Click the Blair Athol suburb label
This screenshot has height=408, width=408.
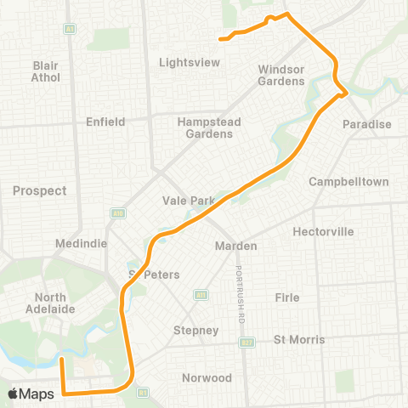(x=46, y=71)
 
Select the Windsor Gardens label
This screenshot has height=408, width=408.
(x=281, y=75)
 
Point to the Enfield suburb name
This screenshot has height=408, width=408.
(x=105, y=122)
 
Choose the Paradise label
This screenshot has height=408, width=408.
(x=367, y=124)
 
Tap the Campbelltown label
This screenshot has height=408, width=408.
(x=348, y=182)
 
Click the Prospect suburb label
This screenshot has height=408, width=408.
(x=39, y=190)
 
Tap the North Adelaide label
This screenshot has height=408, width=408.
(x=55, y=303)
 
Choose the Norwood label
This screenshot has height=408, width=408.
(x=207, y=377)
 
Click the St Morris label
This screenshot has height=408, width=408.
(x=299, y=339)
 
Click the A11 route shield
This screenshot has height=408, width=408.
(x=201, y=295)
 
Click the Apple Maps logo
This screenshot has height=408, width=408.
(x=31, y=394)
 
